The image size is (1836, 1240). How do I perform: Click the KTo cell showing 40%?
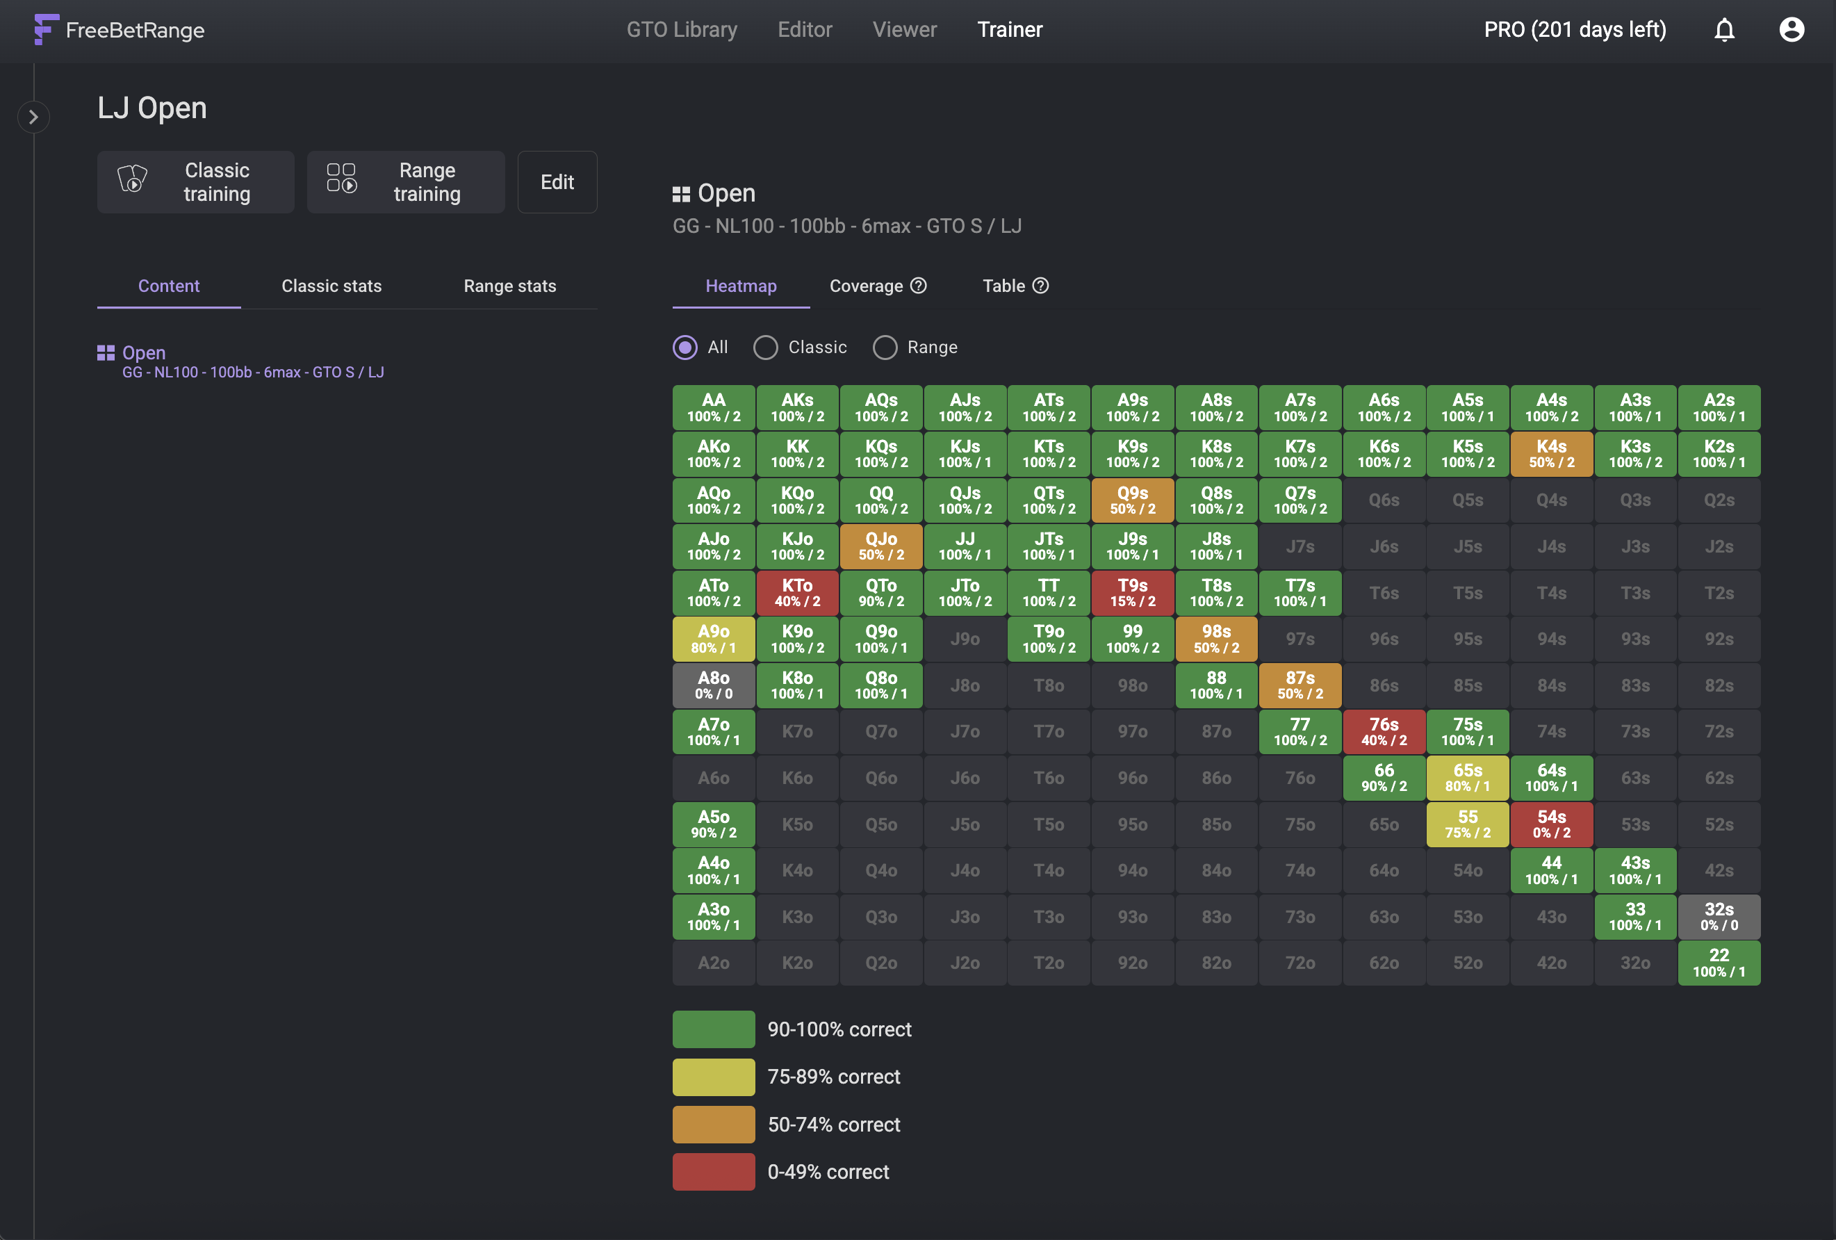[797, 593]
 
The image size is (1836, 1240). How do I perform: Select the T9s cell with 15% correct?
[1132, 593]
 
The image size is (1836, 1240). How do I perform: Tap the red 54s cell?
[1551, 824]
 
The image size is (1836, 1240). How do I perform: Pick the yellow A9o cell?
[714, 639]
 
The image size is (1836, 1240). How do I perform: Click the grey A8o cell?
[714, 685]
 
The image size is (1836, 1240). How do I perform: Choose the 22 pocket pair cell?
[1719, 963]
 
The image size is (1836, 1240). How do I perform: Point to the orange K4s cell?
[1551, 454]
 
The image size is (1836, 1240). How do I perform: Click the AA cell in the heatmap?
[714, 408]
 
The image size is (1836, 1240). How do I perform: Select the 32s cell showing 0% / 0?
[1719, 917]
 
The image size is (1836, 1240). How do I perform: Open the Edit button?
[557, 182]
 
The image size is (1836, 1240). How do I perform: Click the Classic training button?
[196, 182]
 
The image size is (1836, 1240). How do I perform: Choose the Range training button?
[406, 182]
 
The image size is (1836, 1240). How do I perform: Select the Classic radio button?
[766, 348]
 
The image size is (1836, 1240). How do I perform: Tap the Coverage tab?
[878, 286]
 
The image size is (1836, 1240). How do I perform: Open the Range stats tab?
[509, 286]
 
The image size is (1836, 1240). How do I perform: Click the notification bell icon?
[1724, 30]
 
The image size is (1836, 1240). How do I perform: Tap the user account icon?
[1792, 30]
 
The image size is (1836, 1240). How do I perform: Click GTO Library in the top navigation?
[682, 30]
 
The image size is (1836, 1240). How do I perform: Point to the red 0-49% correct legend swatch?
[714, 1172]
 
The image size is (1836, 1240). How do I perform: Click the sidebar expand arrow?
[33, 117]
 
